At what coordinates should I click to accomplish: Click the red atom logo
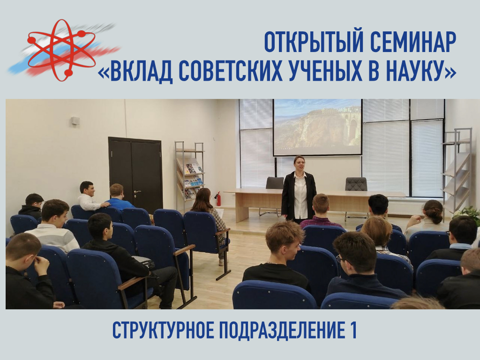(x=61, y=50)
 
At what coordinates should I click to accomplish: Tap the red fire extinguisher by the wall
(x=218, y=199)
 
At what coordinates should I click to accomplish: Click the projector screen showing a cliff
(x=317, y=127)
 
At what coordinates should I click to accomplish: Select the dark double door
(x=135, y=174)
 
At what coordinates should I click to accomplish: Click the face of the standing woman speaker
(x=299, y=165)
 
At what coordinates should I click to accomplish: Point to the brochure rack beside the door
(x=190, y=174)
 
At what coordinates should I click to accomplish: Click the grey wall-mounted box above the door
(x=75, y=120)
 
